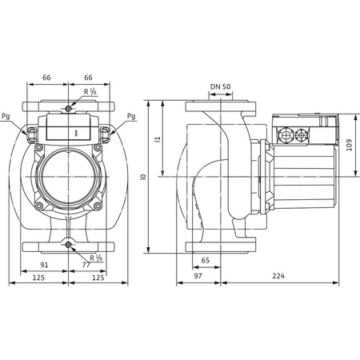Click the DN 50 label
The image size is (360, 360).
click(221, 86)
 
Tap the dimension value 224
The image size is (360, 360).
click(278, 276)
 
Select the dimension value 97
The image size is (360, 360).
click(198, 276)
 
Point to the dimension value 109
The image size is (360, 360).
click(349, 145)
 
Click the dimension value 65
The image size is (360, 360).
click(206, 260)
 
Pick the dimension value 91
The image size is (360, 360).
click(44, 265)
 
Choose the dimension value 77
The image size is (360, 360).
click(86, 265)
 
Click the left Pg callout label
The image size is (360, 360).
click(6, 116)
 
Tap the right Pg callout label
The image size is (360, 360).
click(131, 116)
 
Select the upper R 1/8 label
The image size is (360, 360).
click(90, 92)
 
